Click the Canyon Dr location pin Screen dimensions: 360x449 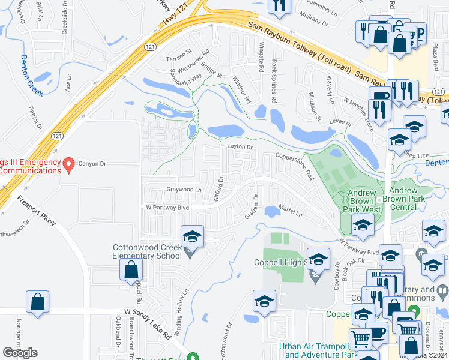click(x=69, y=163)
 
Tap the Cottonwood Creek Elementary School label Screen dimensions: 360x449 click(x=148, y=251)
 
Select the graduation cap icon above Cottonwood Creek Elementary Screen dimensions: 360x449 click(x=193, y=236)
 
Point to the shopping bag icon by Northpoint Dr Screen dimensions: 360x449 click(x=37, y=302)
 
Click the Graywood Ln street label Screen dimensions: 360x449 click(x=183, y=190)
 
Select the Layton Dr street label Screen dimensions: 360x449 click(x=240, y=146)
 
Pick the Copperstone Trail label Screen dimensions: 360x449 click(x=295, y=165)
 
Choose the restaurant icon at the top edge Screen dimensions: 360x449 click(x=279, y=6)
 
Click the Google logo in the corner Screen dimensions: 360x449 click(x=20, y=353)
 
